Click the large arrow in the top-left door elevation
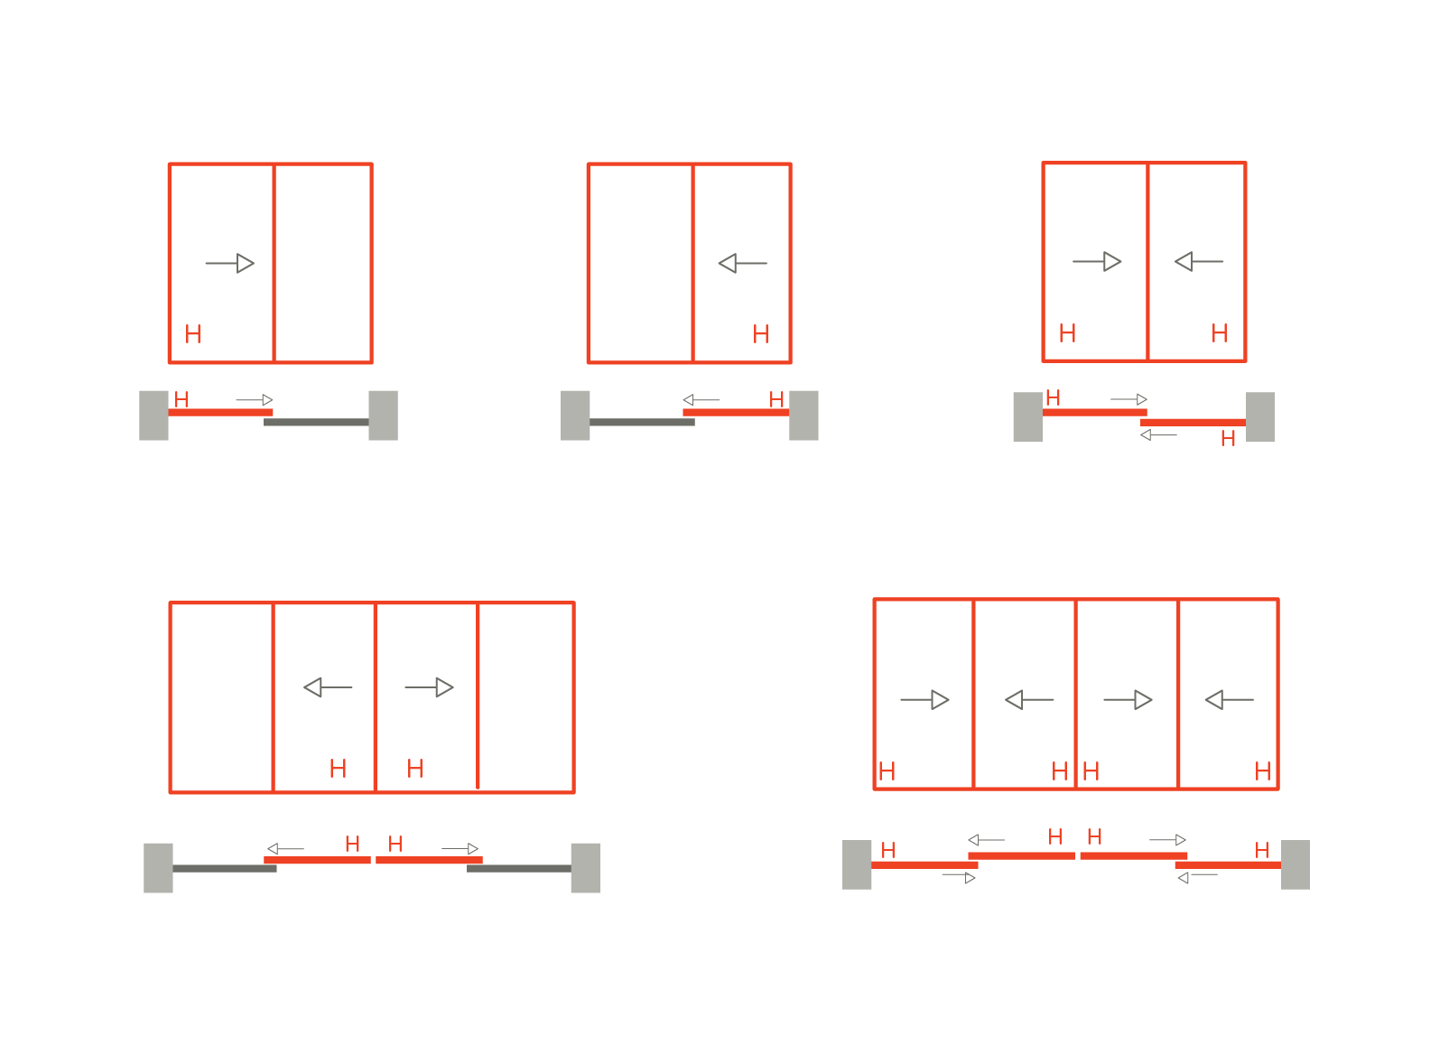coord(229,264)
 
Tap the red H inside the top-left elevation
coord(193,334)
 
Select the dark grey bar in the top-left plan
coord(316,422)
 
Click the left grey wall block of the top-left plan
coord(154,415)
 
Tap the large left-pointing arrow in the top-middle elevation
coord(743,264)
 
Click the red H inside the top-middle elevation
coord(761,334)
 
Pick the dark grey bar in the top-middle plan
coord(643,422)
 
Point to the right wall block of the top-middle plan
coord(804,415)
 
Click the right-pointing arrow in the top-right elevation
coord(1097,261)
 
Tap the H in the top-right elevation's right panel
coord(1220,333)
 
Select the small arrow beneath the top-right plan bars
coord(1158,435)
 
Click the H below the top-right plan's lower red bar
coord(1229,439)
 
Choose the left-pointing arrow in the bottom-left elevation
coord(328,687)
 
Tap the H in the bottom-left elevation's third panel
coord(415,769)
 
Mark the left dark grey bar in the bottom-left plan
coord(225,869)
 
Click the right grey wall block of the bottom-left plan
coord(586,869)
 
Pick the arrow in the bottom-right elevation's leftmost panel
coord(925,700)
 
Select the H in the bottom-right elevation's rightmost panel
coord(1263,770)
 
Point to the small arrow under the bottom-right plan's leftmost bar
coord(959,878)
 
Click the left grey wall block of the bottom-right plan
coord(857,865)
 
